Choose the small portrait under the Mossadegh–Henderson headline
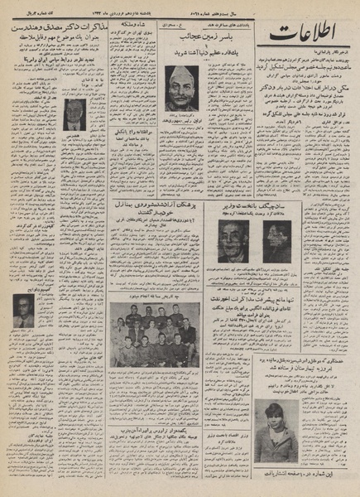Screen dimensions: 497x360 pos(74,113)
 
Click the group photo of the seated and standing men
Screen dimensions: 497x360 pos(154,335)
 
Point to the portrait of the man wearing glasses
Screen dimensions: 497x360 pos(24,311)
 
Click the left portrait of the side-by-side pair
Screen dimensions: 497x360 pos(233,240)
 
